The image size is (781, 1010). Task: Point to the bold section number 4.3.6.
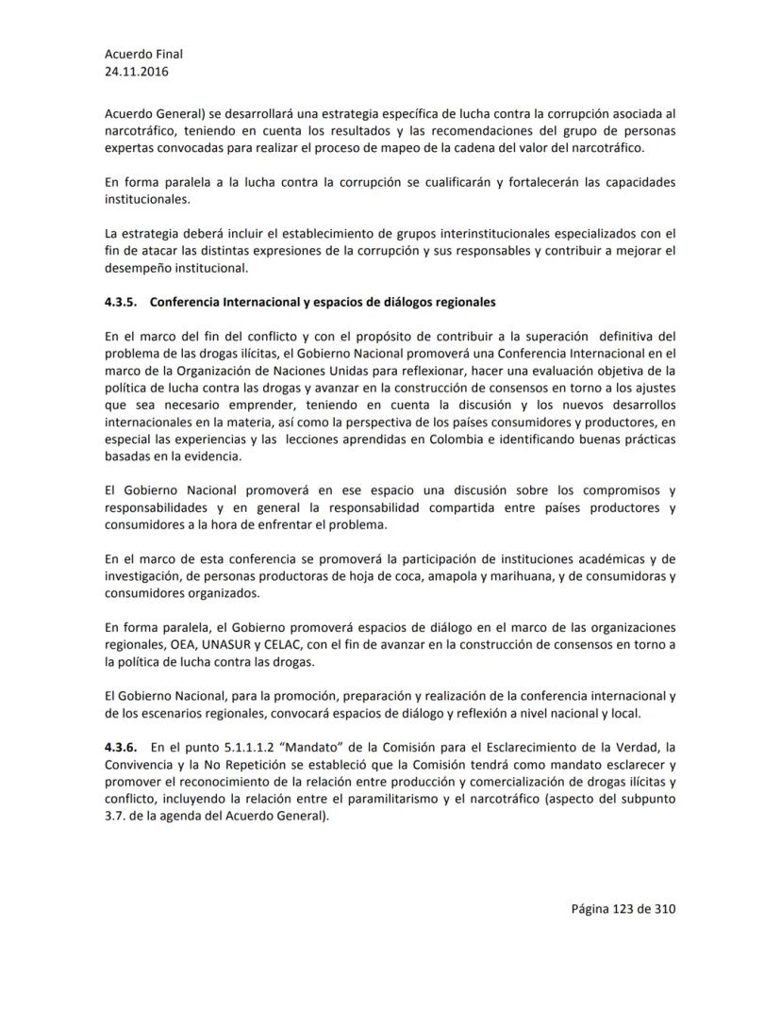122,746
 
